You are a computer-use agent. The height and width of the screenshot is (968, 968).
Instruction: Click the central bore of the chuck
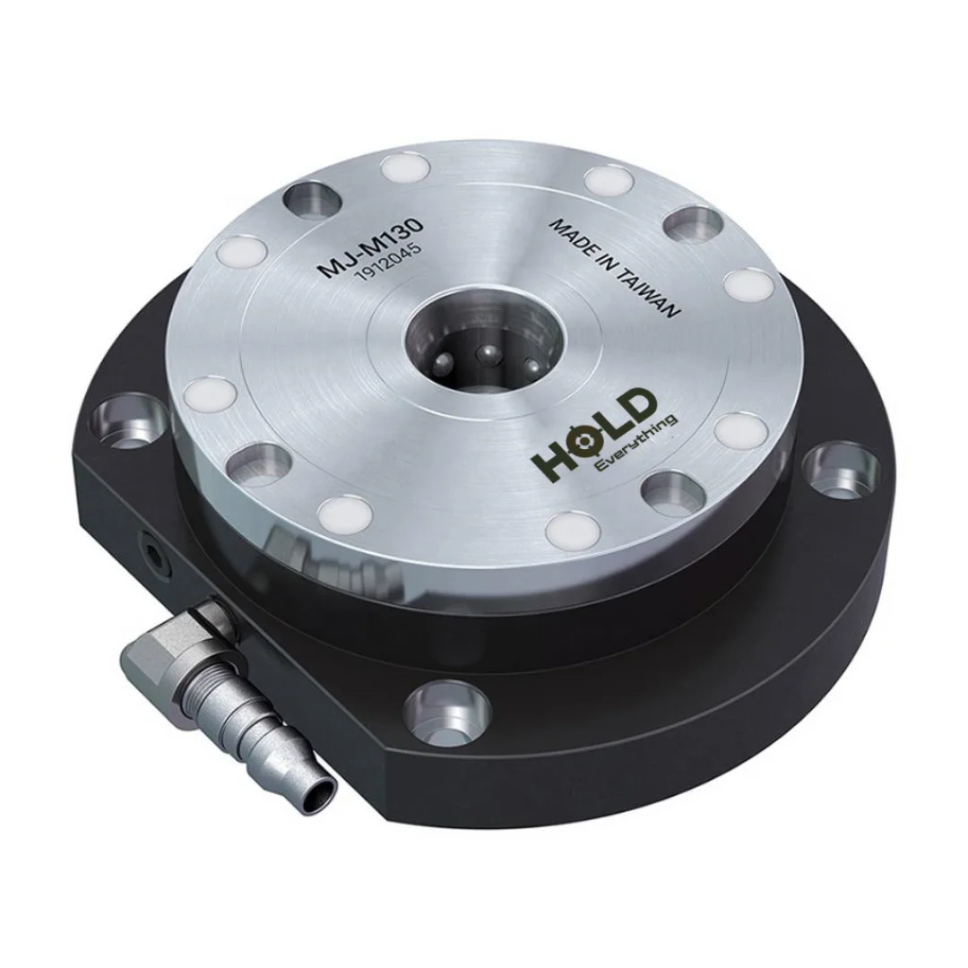click(x=485, y=344)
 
